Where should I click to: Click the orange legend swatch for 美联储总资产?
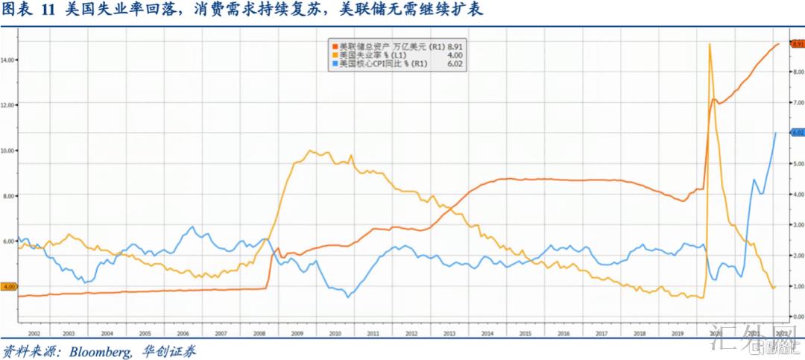coord(334,45)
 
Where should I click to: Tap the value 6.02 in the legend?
coord(455,64)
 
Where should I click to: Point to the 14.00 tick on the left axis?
coord(9,60)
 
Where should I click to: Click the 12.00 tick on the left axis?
coord(9,105)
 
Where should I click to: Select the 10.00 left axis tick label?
coord(9,151)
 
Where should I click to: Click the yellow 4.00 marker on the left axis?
coord(9,286)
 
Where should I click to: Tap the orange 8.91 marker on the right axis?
coord(796,45)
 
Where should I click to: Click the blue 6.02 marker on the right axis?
coord(796,133)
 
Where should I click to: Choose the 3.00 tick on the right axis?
coord(795,224)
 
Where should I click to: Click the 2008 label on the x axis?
coord(259,335)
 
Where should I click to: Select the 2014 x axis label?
coord(487,335)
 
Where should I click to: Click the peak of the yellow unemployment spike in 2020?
coord(709,44)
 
